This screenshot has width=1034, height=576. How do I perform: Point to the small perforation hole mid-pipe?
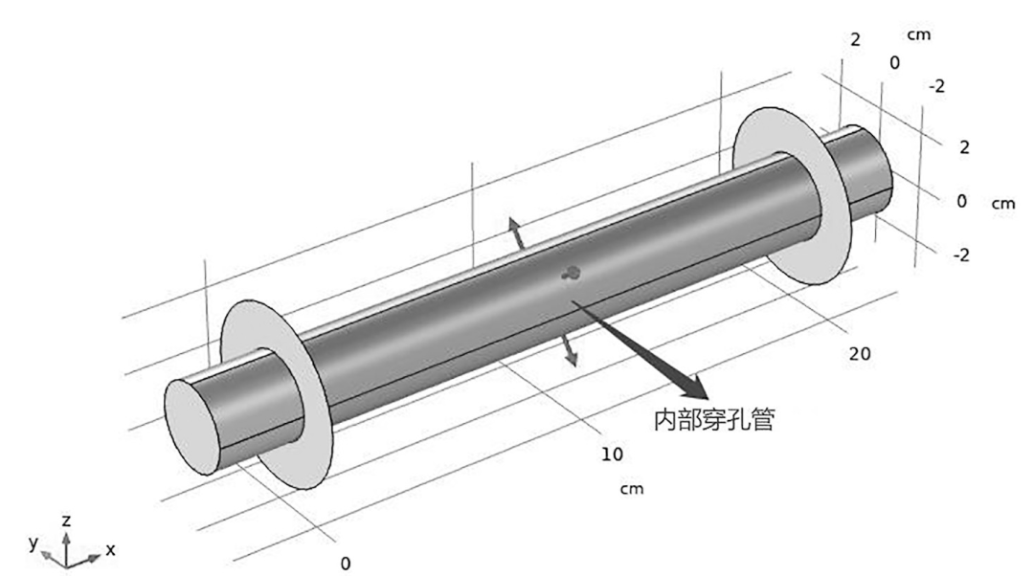click(572, 274)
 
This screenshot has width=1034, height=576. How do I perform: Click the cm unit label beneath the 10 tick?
click(630, 489)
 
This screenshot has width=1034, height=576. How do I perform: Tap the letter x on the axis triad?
click(111, 550)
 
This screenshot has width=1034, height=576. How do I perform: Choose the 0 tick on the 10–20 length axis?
click(346, 563)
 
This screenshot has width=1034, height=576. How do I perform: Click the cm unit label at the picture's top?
click(918, 34)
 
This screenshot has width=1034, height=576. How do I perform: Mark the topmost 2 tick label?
click(856, 40)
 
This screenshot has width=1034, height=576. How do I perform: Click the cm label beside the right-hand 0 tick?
click(1002, 204)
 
